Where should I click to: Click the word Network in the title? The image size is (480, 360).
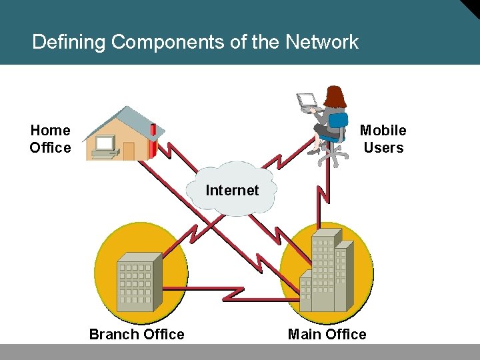click(322, 43)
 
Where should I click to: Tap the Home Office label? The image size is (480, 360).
click(50, 139)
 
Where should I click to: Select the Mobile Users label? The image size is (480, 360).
click(383, 139)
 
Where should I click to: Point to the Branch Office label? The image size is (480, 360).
click(137, 334)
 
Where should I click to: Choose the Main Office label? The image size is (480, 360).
click(327, 334)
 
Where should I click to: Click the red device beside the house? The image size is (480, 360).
click(153, 140)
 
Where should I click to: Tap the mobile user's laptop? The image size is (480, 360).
click(308, 101)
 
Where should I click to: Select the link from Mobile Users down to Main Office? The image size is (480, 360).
click(325, 193)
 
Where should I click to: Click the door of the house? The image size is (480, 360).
click(129, 151)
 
